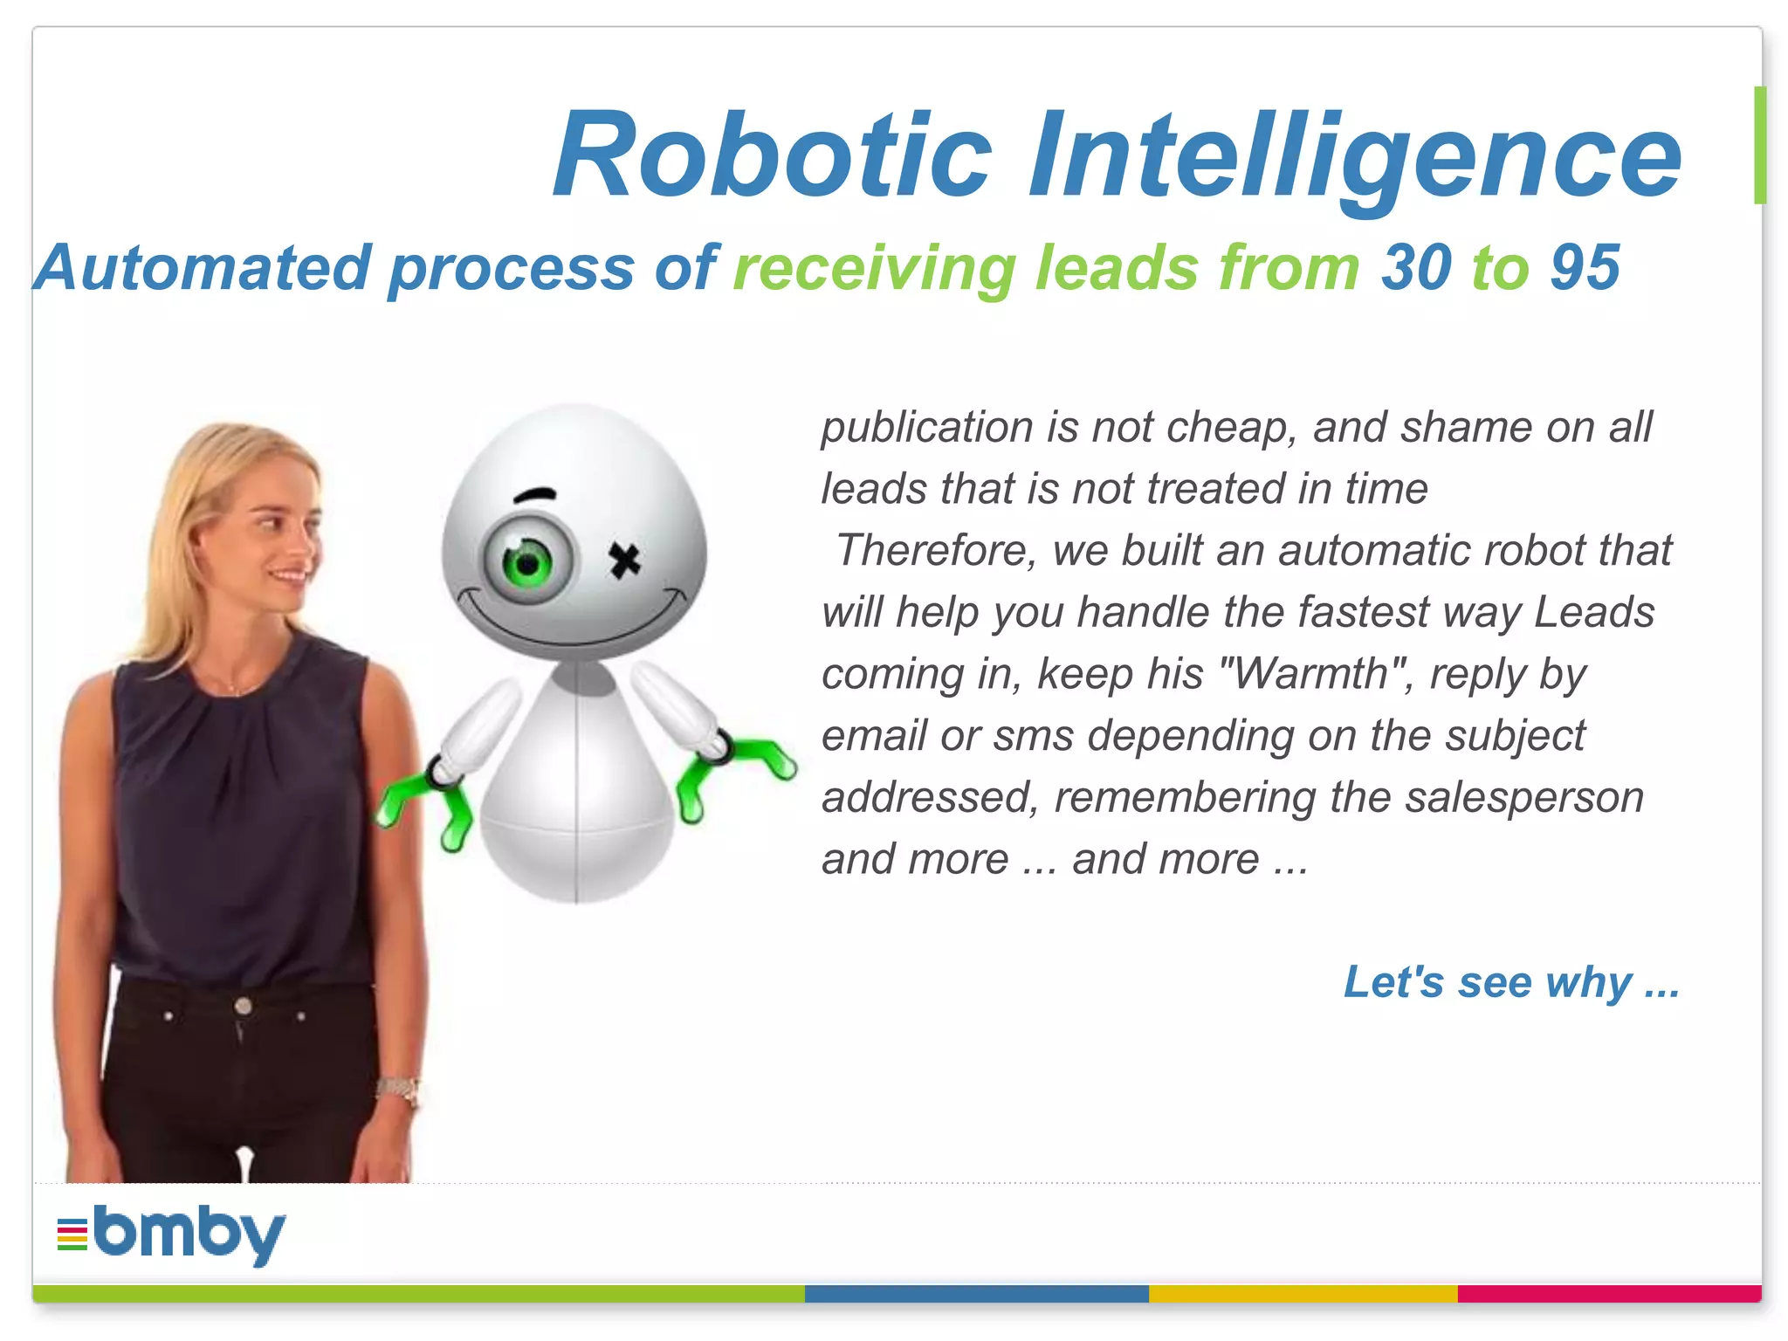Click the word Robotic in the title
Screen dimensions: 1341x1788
(773, 155)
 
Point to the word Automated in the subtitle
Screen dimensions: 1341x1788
(203, 267)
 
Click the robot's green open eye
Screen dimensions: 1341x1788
(527, 560)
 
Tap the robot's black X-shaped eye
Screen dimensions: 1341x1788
(624, 560)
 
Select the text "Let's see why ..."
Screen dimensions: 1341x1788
(1511, 982)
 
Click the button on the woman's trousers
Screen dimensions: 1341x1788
(244, 1006)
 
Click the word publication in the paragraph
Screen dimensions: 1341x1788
(926, 428)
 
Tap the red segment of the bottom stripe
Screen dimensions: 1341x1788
(1609, 1294)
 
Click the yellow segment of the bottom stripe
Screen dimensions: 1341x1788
(1303, 1294)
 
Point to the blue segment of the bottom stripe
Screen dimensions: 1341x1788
(976, 1294)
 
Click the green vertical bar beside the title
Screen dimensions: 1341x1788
(1759, 145)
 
